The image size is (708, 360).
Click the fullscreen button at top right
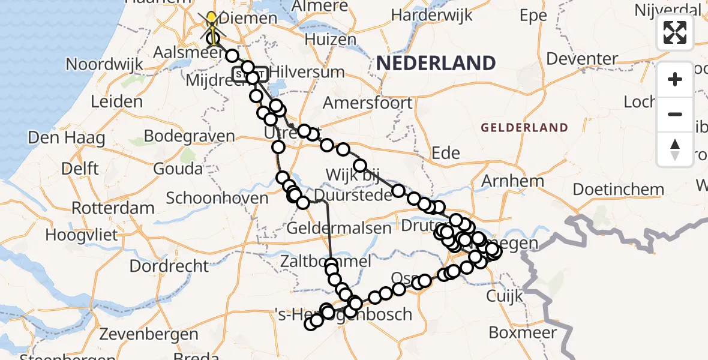pyautogui.click(x=675, y=32)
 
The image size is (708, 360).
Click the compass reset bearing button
pyautogui.click(x=675, y=149)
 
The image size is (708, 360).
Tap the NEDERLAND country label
pyautogui.click(x=436, y=63)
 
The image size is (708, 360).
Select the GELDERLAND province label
pyautogui.click(x=524, y=128)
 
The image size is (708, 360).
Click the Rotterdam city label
pyautogui.click(x=113, y=209)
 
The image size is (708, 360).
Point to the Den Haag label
pyautogui.click(x=67, y=138)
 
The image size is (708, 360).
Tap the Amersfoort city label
pyautogui.click(x=368, y=103)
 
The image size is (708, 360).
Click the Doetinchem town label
pyautogui.click(x=618, y=190)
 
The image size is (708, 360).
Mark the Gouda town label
pyautogui.click(x=178, y=169)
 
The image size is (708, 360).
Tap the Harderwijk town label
pyautogui.click(x=430, y=14)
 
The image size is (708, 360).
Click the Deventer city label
pyautogui.click(x=582, y=59)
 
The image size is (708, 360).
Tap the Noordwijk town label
pyautogui.click(x=104, y=64)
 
